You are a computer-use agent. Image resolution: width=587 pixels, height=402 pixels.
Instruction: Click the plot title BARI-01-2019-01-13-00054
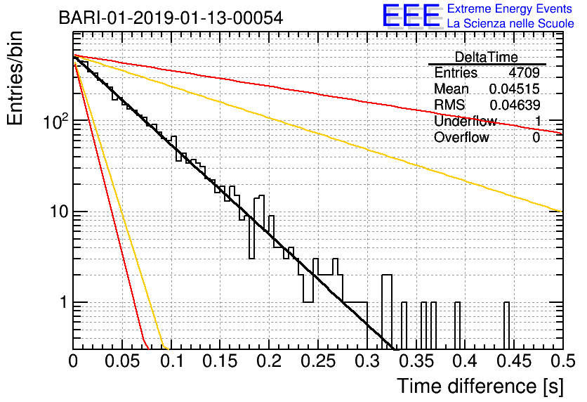[x=171, y=18]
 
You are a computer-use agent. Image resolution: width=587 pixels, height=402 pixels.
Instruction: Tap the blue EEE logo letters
[x=411, y=15]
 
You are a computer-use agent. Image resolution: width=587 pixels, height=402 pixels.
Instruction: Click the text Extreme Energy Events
[x=510, y=8]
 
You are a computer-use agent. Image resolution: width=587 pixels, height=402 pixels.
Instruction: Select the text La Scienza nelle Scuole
[x=510, y=23]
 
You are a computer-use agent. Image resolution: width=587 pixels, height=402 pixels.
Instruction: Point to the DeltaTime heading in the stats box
[x=487, y=57]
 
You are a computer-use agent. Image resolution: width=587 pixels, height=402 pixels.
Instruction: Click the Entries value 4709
[x=524, y=72]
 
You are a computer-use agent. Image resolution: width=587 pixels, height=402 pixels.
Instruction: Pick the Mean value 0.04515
[x=515, y=89]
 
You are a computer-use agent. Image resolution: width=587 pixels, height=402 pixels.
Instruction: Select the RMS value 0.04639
[x=515, y=105]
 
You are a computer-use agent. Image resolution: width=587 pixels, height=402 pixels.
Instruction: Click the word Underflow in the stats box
[x=466, y=121]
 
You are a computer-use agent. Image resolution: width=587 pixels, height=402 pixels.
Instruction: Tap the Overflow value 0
[x=536, y=138]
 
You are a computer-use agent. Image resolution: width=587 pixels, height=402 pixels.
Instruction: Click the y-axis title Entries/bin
[x=15, y=78]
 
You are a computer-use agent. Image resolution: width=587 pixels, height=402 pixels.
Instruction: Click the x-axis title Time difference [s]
[x=480, y=387]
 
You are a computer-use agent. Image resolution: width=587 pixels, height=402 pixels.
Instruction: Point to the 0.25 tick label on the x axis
[x=318, y=361]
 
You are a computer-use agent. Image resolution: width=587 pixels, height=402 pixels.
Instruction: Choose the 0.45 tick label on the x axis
[x=514, y=361]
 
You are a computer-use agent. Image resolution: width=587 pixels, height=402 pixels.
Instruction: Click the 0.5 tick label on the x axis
[x=563, y=361]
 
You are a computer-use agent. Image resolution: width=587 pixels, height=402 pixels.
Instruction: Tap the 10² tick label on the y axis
[x=56, y=121]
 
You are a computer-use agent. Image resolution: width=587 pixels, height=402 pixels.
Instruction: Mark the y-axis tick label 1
[x=64, y=302]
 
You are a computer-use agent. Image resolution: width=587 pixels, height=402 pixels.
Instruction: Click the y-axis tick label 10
[x=59, y=212]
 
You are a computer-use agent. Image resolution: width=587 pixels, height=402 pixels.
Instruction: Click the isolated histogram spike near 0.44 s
[x=506, y=325]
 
